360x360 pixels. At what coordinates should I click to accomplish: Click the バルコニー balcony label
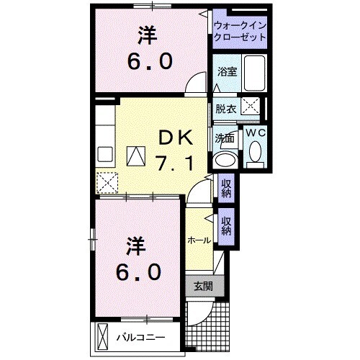pyautogui.click(x=141, y=337)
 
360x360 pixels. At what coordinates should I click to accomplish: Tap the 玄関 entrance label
pyautogui.click(x=202, y=286)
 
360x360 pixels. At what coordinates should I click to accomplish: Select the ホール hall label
pyautogui.click(x=199, y=240)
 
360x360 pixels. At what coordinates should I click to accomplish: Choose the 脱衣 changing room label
pyautogui.click(x=225, y=109)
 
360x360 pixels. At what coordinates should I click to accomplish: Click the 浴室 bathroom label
pyautogui.click(x=228, y=71)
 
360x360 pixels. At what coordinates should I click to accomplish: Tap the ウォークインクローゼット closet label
pyautogui.click(x=240, y=32)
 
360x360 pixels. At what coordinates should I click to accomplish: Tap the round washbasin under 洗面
pyautogui.click(x=224, y=160)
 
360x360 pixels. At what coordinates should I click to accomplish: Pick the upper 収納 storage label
pyautogui.click(x=226, y=189)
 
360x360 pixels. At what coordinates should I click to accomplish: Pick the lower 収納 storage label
pyautogui.click(x=226, y=225)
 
